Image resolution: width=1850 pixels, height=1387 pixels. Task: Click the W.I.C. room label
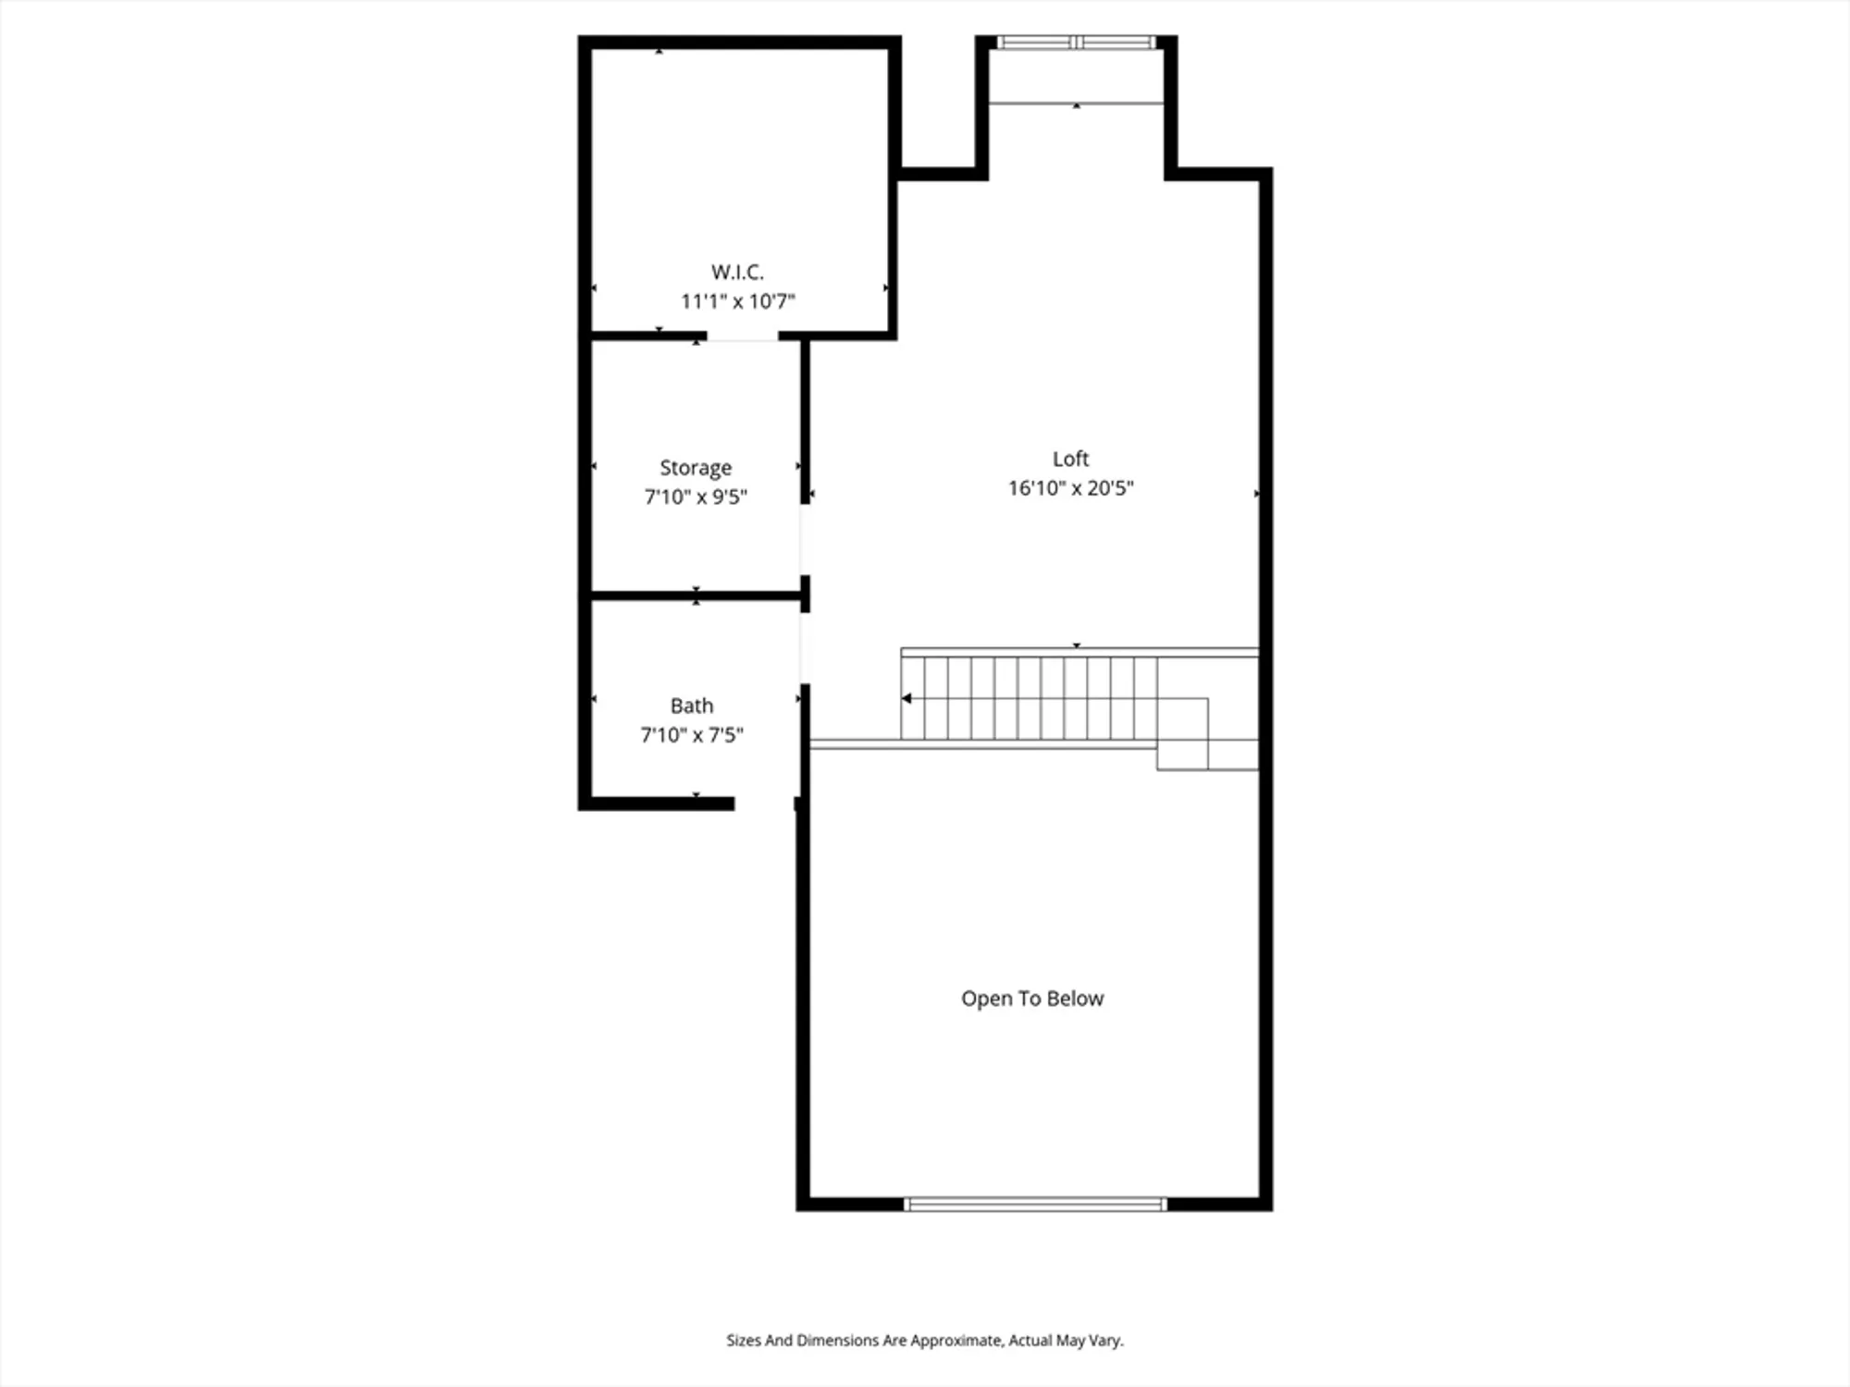(x=737, y=272)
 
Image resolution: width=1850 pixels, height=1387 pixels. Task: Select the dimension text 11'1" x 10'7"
(x=737, y=301)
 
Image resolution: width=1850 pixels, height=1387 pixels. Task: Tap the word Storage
(x=696, y=468)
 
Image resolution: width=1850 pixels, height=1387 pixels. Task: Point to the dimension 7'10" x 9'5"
(x=696, y=497)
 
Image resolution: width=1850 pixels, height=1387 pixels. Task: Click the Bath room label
(x=692, y=706)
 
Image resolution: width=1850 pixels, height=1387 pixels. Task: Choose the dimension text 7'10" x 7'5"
(x=692, y=735)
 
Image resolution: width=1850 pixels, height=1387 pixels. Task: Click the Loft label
(x=1070, y=459)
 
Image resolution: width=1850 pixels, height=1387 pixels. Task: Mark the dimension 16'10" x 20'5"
(x=1070, y=488)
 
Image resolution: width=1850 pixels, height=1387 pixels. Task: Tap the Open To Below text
(x=1032, y=999)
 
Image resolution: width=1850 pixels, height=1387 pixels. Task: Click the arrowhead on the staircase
(x=907, y=698)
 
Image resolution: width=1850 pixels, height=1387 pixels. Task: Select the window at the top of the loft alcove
(x=1077, y=43)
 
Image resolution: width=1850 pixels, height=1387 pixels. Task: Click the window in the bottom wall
(x=1035, y=1204)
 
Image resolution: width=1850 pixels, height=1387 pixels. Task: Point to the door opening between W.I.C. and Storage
(x=743, y=338)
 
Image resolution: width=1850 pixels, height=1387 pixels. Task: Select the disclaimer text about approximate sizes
(x=924, y=1340)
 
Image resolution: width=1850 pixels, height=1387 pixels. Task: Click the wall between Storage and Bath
(x=696, y=595)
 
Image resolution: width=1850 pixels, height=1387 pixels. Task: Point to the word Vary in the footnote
(x=1105, y=1340)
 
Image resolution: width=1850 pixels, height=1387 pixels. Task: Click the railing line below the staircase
(x=980, y=744)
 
